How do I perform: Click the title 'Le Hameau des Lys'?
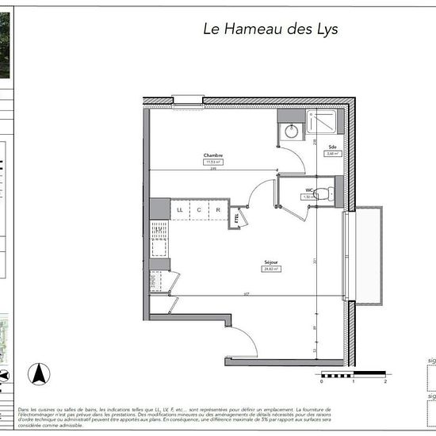point(271,29)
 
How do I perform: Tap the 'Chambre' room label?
point(212,155)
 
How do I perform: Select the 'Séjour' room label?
point(272,262)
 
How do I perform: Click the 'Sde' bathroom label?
point(331,147)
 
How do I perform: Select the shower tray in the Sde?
point(322,125)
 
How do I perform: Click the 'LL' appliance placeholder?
point(180,210)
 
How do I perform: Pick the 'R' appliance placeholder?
point(217,210)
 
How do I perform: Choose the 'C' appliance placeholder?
point(199,210)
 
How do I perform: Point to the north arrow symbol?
point(36,373)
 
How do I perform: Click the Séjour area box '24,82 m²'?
point(272,269)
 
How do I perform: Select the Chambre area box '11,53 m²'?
point(212,162)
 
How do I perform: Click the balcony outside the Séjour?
point(365,254)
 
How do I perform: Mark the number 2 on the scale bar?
point(384,381)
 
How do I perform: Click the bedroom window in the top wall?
point(189,101)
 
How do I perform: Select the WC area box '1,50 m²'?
point(309,197)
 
